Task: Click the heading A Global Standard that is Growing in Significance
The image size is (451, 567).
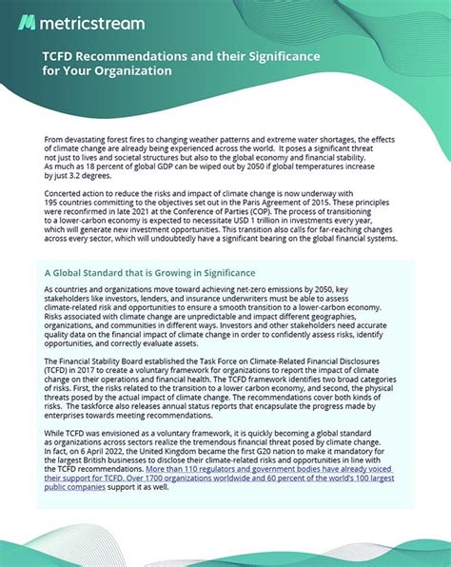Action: point(167,269)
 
